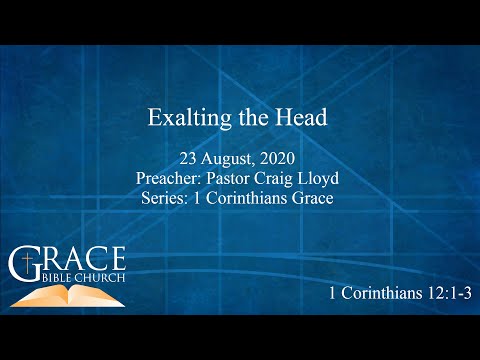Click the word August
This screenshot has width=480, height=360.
(229, 160)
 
